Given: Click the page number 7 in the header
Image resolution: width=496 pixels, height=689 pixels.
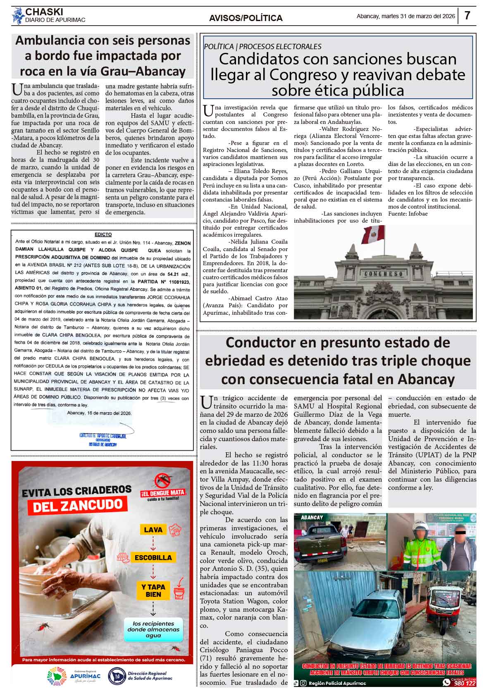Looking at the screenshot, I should click(467, 16).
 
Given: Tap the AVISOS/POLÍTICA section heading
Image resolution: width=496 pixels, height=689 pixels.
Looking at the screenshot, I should click(246, 18).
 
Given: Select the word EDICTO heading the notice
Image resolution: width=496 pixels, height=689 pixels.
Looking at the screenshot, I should click(103, 234).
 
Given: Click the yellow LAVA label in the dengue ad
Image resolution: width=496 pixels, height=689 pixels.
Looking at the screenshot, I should click(153, 530).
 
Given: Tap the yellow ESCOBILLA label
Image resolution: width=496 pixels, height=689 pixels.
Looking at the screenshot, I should click(153, 558).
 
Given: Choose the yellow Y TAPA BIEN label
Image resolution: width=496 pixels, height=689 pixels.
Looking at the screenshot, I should click(153, 591).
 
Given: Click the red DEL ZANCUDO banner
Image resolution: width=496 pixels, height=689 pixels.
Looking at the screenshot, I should click(78, 505).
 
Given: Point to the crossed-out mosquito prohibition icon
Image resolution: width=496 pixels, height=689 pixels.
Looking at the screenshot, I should click(163, 480).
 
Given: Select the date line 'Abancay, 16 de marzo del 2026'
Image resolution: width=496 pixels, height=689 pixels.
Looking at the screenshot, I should click(99, 413).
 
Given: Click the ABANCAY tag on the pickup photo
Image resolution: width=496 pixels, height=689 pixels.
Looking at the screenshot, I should click(312, 517).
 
